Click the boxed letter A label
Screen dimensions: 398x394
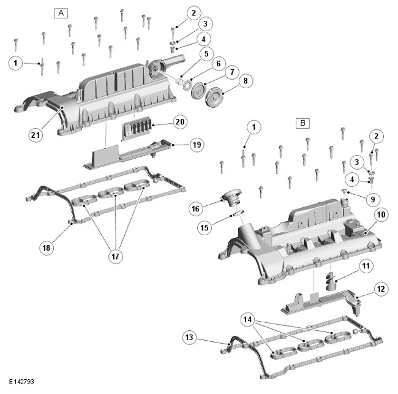click(x=61, y=13)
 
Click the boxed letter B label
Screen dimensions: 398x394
click(x=303, y=123)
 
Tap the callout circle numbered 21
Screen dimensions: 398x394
click(x=36, y=135)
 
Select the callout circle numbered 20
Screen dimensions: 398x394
click(x=180, y=122)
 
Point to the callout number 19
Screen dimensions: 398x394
click(x=197, y=145)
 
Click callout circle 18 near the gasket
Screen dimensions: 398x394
click(x=47, y=248)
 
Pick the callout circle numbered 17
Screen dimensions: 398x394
click(x=116, y=256)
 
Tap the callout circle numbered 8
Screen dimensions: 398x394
click(x=246, y=81)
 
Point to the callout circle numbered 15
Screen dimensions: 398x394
click(x=205, y=227)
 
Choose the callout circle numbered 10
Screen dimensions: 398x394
click(x=381, y=215)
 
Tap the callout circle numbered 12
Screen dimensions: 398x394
click(x=381, y=289)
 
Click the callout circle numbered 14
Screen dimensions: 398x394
click(x=248, y=320)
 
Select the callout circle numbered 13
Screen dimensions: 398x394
click(x=189, y=338)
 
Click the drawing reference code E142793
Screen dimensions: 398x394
click(x=21, y=382)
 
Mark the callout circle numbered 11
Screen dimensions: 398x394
click(x=366, y=266)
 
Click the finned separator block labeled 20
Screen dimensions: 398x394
click(x=137, y=128)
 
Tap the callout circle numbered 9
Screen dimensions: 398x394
click(x=373, y=199)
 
